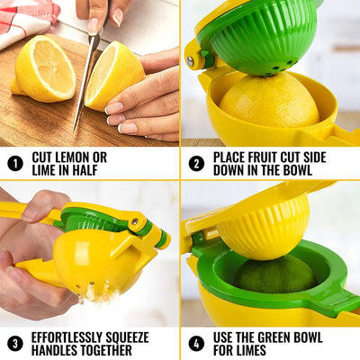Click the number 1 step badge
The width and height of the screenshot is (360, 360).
click(x=15, y=163)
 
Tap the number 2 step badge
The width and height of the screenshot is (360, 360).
click(x=196, y=163)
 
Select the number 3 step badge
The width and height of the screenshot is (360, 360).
click(x=15, y=343)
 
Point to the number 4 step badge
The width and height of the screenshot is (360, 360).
click(x=196, y=343)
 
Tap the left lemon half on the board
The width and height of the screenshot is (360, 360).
click(x=43, y=69)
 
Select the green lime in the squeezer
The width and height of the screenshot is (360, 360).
click(x=274, y=275)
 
